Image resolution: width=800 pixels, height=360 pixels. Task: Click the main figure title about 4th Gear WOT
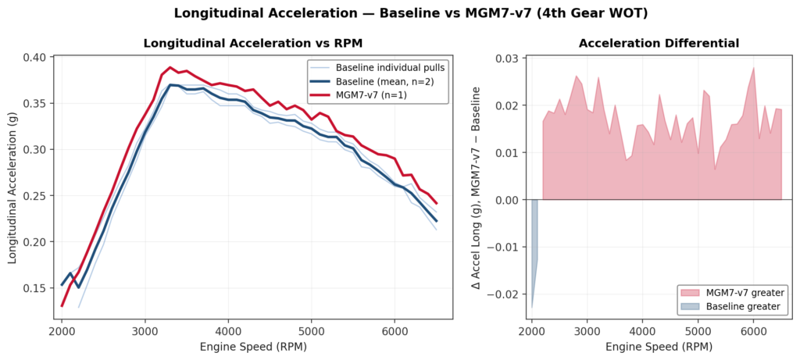[x=399, y=13]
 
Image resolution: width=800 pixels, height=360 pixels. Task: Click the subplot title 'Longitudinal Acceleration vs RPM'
[x=252, y=43]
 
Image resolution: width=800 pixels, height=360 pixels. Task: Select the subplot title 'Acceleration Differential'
[x=659, y=43]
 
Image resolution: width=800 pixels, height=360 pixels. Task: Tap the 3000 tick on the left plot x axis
[x=145, y=330]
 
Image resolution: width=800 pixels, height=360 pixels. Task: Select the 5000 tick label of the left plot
[x=311, y=330]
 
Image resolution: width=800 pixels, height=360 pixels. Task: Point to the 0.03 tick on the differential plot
[x=509, y=59]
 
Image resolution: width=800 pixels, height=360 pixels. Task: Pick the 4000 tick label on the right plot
[x=642, y=330]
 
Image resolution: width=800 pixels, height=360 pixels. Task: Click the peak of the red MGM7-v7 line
[x=170, y=68]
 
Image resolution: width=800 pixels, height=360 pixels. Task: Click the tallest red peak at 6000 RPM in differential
[x=753, y=68]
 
